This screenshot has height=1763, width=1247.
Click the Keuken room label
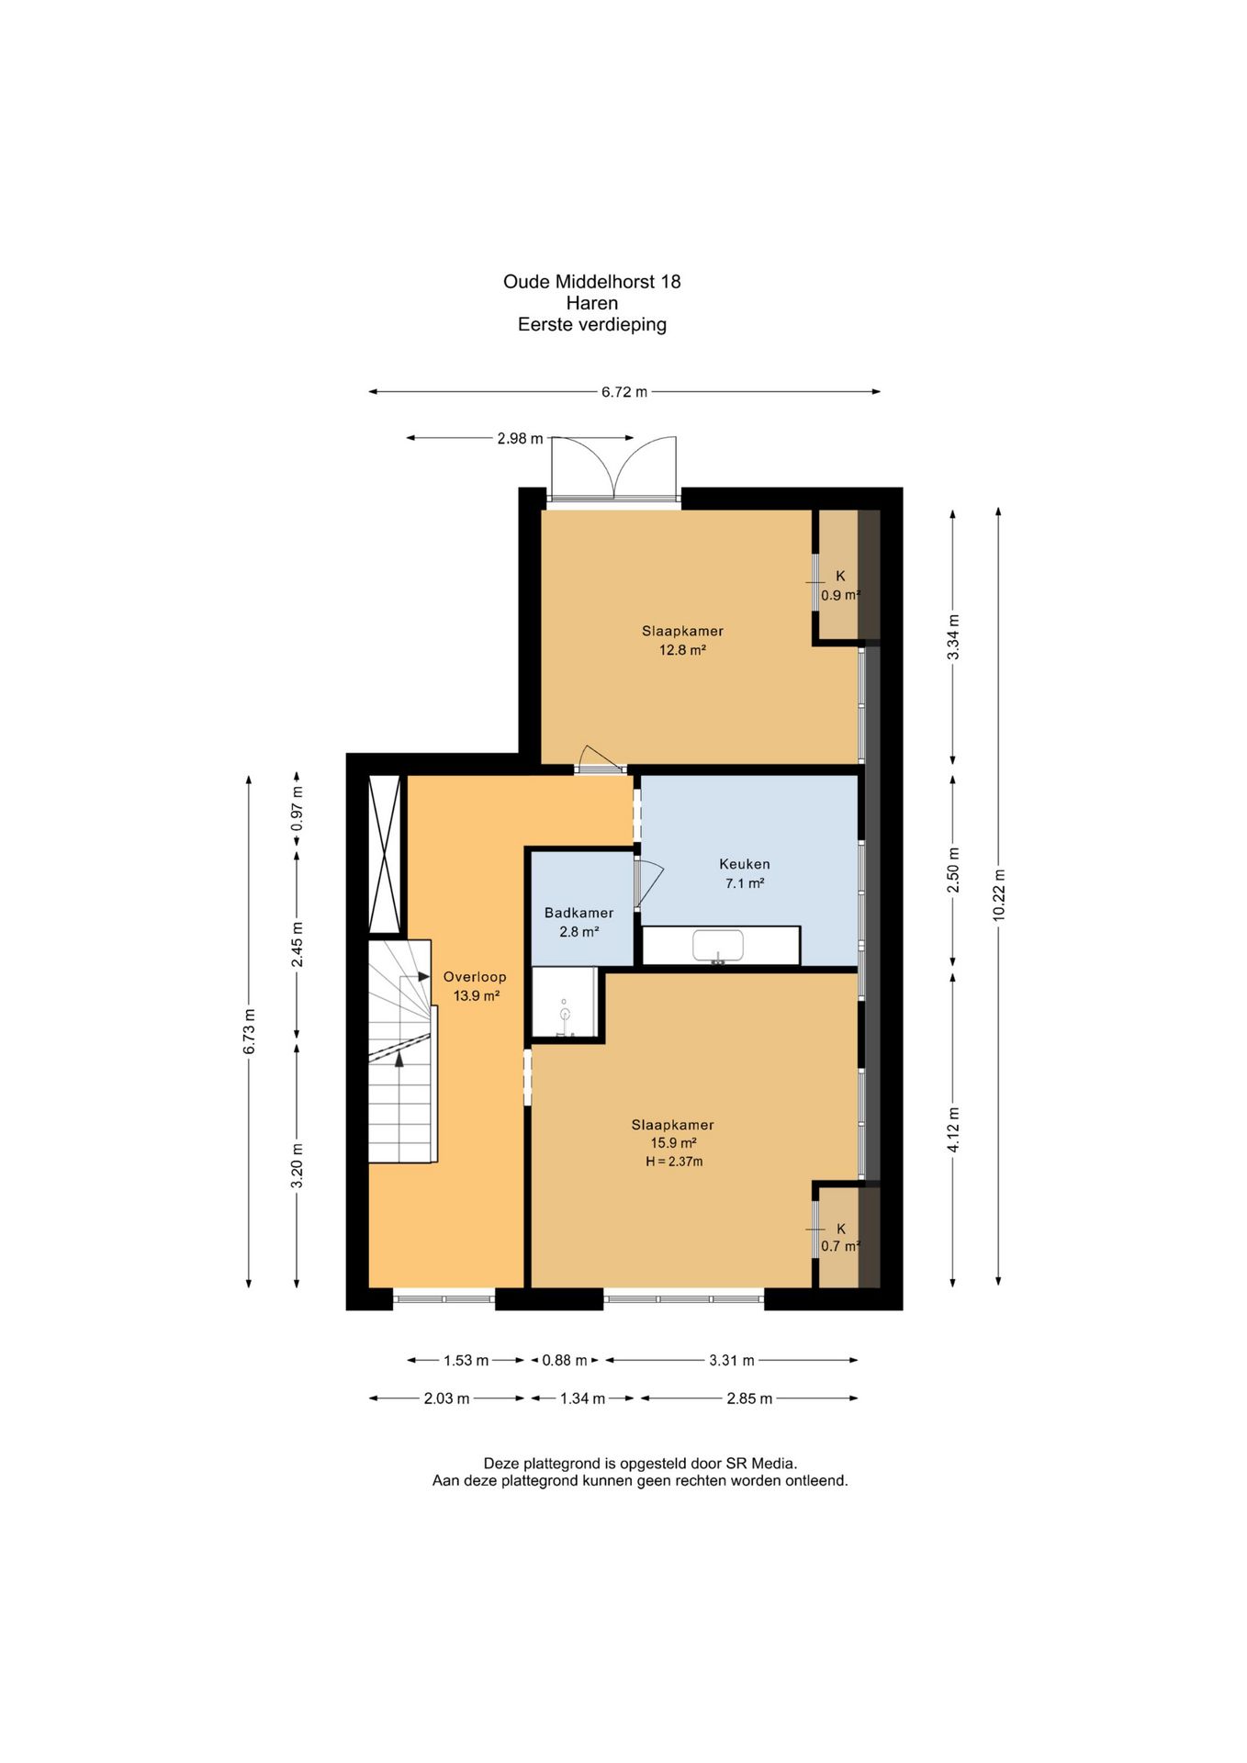coord(744,864)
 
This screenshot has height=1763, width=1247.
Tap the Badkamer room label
coord(579,913)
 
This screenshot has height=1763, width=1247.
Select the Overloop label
coord(475,977)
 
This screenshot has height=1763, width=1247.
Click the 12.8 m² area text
coord(682,650)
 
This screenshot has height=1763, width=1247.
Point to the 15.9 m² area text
coord(673,1143)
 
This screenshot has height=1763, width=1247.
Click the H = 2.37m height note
coord(674,1162)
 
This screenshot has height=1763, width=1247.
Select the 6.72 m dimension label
coord(624,392)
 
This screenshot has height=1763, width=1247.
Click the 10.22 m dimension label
coord(999,894)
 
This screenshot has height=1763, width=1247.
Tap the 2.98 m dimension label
coord(520,439)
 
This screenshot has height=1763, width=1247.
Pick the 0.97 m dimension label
coord(297,810)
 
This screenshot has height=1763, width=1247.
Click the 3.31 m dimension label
coord(732,1360)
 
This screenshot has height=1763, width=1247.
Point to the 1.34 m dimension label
coord(582,1398)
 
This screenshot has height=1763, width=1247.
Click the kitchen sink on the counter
coord(718,946)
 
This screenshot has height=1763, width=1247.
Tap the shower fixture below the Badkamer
coord(565,1014)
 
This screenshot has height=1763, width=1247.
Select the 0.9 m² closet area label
coord(840,595)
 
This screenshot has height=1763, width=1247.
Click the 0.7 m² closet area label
coord(840,1246)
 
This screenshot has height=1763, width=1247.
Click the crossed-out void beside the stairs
coord(385,854)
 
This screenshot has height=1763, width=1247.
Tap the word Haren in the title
coord(592,303)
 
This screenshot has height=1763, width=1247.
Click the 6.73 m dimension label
coord(249,1031)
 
